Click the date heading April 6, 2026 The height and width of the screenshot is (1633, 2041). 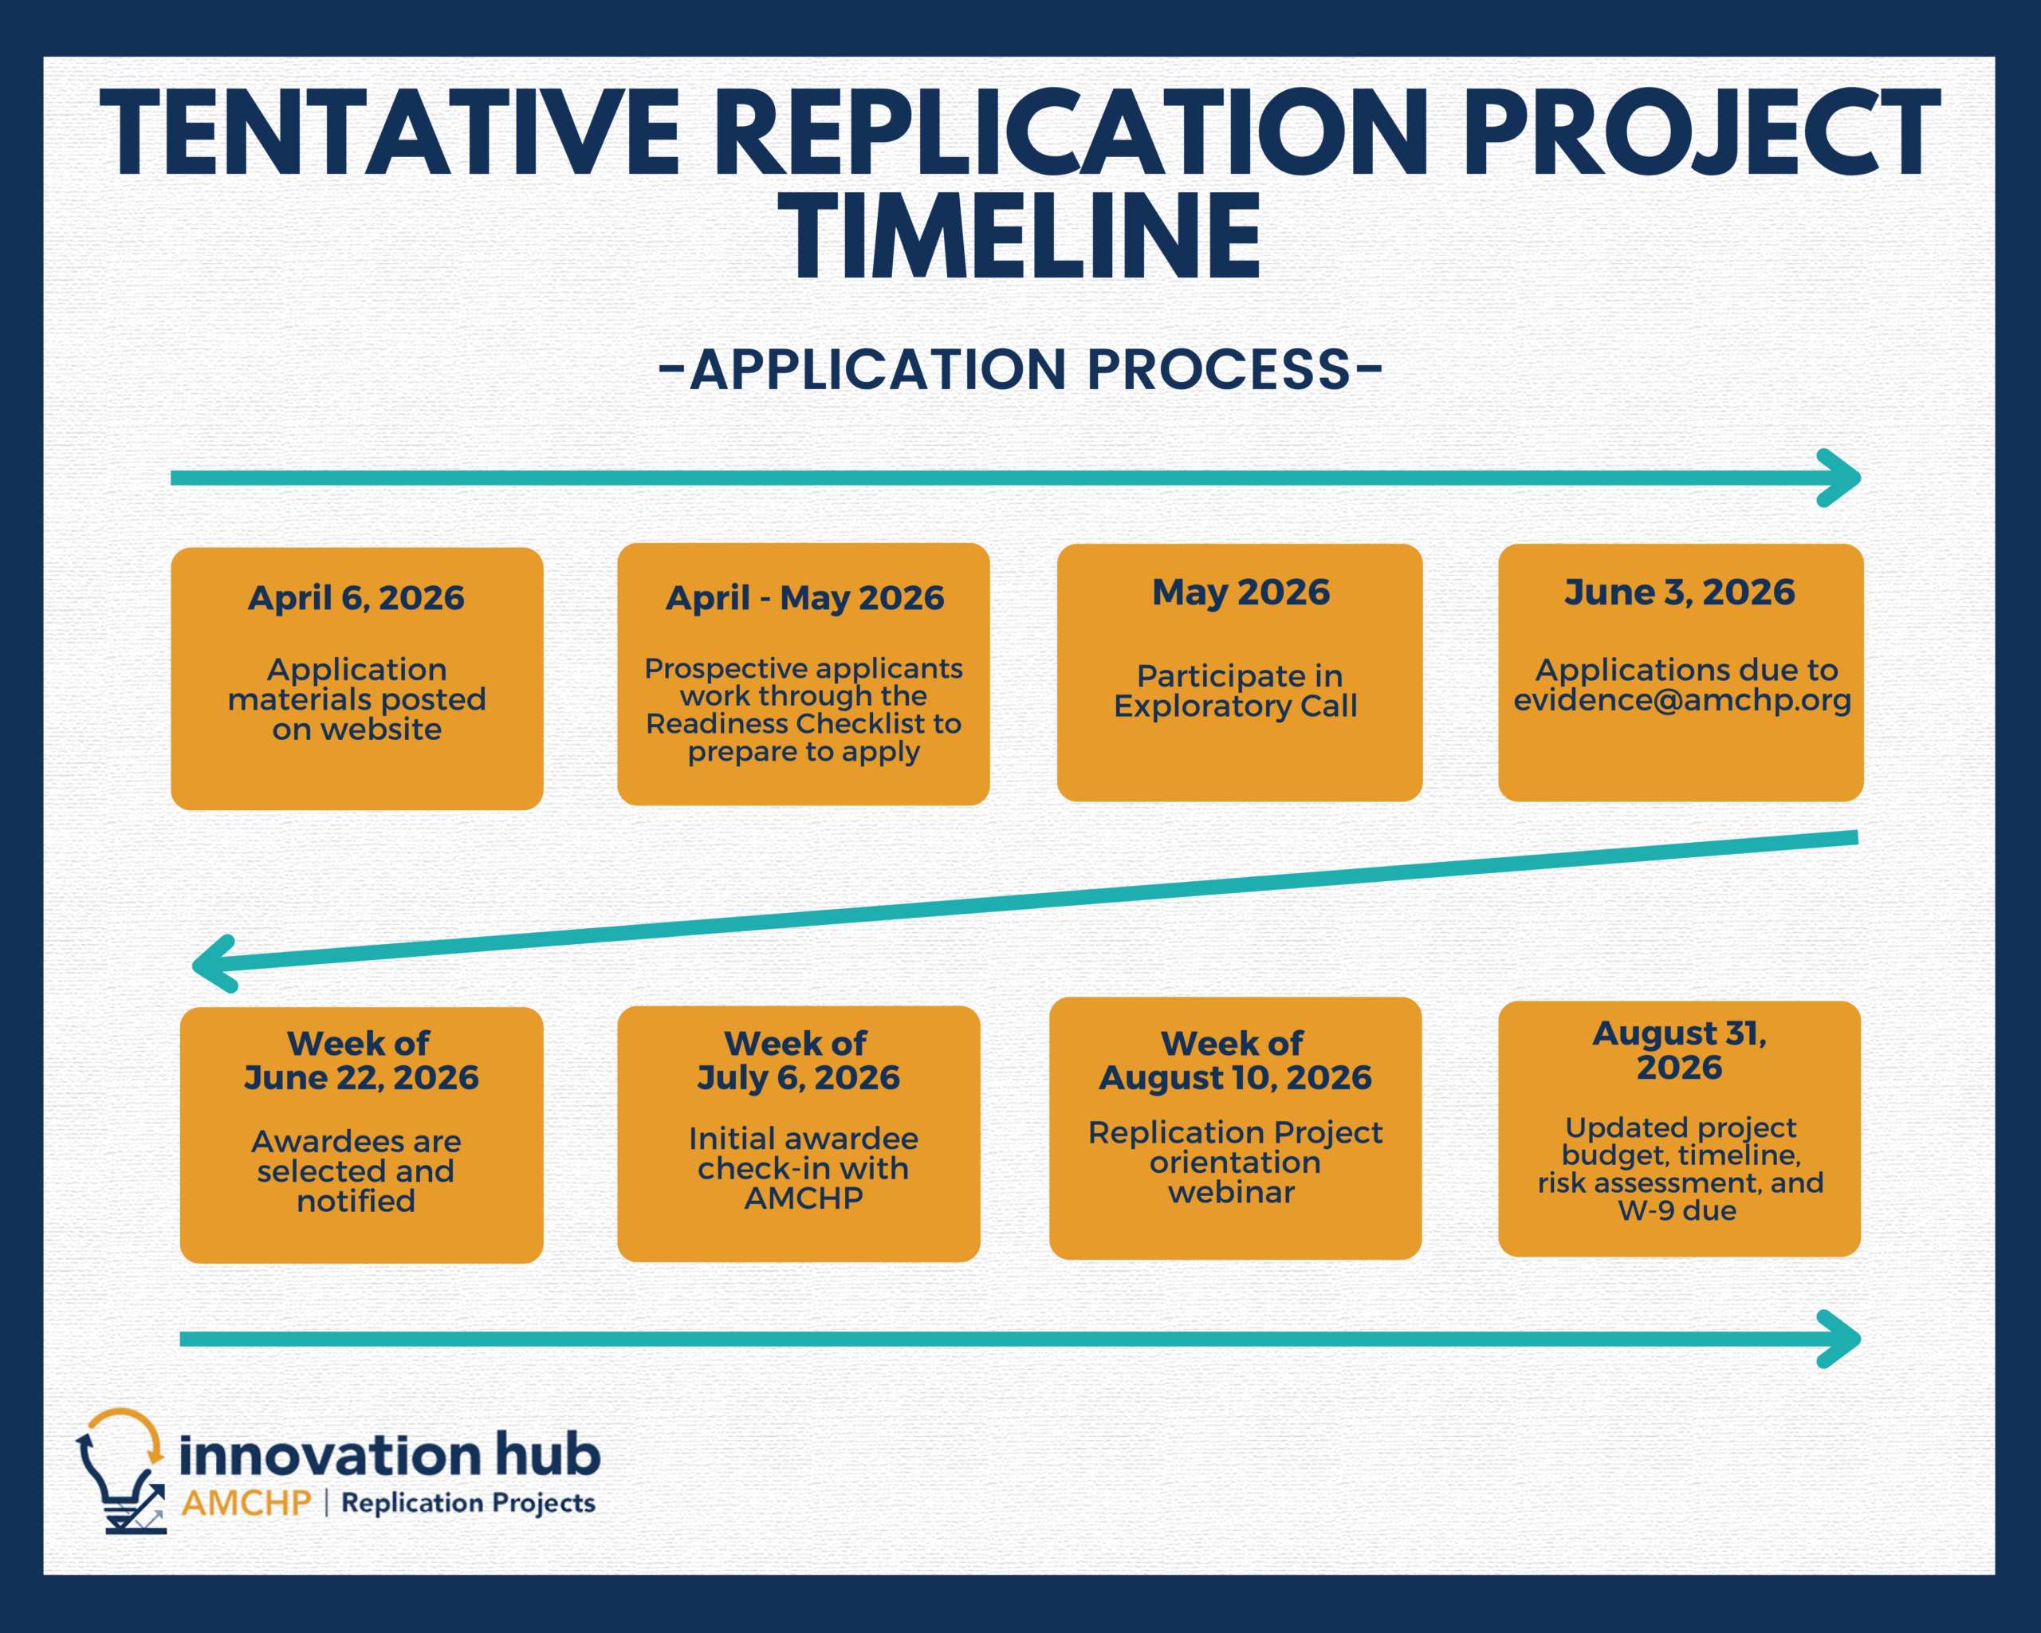point(356,598)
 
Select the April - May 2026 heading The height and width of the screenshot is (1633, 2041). point(804,598)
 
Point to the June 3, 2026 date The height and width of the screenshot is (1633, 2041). point(1679,592)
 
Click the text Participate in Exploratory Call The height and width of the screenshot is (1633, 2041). point(1237,691)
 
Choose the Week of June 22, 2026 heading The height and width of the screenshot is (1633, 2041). point(360,1060)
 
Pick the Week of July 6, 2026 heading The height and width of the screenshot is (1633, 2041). point(798,1060)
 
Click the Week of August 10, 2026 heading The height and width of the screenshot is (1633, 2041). point(1234,1060)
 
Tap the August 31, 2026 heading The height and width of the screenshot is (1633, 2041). point(1679,1049)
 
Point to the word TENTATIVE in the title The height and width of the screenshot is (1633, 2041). point(389,132)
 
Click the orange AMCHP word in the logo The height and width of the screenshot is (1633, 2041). point(246,1502)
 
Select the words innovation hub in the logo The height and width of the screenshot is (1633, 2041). point(389,1454)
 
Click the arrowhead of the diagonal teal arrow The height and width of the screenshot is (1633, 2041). point(213,965)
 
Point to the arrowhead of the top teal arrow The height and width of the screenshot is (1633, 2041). point(1839,478)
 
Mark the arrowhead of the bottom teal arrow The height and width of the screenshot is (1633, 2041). point(1839,1340)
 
